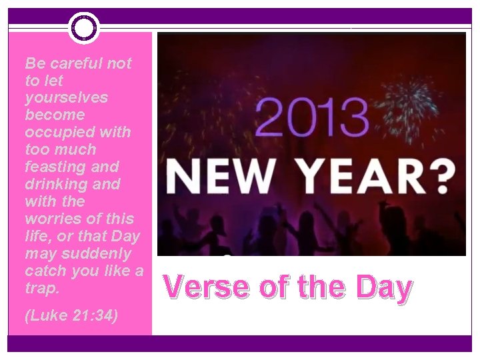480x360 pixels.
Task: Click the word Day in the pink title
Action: (x=383, y=287)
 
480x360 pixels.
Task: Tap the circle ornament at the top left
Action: (x=83, y=27)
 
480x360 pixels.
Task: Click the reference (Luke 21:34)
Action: (x=71, y=315)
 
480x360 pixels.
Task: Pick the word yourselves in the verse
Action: (x=66, y=97)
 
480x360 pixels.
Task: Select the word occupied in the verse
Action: (x=60, y=132)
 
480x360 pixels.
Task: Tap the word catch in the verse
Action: (x=44, y=271)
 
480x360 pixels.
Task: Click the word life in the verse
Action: (x=35, y=236)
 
